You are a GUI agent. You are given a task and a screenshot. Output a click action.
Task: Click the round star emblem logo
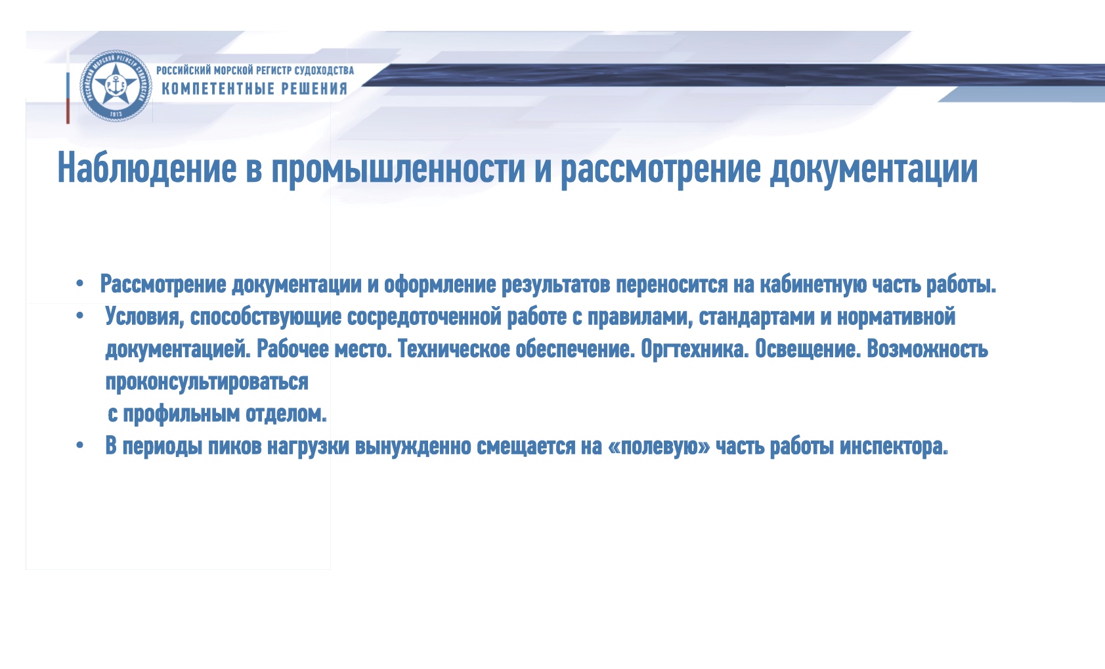[116, 86]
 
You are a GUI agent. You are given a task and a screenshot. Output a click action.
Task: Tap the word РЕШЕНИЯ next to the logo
[314, 89]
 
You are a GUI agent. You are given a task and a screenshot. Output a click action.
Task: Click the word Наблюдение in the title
[147, 168]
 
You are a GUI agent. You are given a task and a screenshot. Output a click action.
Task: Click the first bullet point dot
[80, 285]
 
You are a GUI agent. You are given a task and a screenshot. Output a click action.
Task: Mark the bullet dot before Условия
[80, 316]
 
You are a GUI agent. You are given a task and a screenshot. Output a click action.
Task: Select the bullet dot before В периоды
[80, 446]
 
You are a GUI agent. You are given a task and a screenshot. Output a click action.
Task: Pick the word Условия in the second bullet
[144, 316]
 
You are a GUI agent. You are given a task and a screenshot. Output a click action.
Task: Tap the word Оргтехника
[695, 350]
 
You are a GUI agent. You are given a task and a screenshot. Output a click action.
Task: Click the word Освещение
[808, 349]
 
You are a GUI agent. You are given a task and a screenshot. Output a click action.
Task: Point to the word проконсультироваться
[207, 382]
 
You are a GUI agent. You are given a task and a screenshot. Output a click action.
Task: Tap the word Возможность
[928, 349]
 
